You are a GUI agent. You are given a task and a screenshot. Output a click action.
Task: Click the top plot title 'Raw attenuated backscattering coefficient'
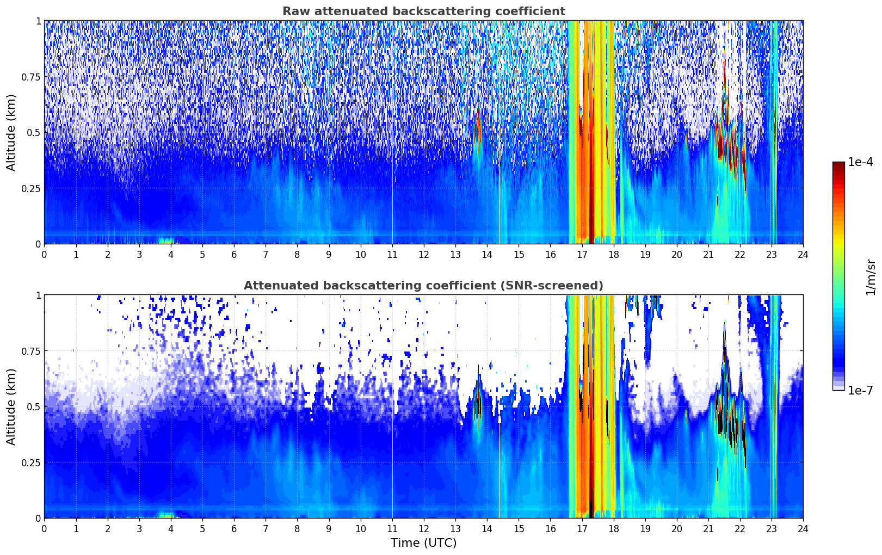click(424, 11)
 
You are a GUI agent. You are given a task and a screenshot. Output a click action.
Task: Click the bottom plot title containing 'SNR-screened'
click(424, 285)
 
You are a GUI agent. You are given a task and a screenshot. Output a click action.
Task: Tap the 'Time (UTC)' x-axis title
click(424, 543)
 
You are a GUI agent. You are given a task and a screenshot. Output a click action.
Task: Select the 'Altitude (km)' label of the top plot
click(11, 133)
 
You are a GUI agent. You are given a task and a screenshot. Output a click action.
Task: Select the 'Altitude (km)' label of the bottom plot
click(11, 406)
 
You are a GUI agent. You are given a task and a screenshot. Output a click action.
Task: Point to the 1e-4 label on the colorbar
click(860, 162)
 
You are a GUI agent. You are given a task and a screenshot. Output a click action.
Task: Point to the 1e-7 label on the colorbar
click(860, 390)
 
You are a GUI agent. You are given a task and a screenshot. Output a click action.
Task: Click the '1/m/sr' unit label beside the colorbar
click(871, 277)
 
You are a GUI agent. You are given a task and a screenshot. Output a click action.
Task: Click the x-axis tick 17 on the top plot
click(582, 254)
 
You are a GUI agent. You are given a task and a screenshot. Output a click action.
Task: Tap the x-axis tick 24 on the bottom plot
click(803, 528)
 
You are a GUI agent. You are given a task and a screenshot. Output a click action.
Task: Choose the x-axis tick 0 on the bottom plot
click(44, 528)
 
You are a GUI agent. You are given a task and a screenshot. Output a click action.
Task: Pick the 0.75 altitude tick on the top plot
click(30, 77)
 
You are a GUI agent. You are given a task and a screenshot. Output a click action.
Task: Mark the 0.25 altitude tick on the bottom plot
click(30, 462)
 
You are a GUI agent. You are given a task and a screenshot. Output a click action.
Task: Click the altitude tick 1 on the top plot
click(39, 21)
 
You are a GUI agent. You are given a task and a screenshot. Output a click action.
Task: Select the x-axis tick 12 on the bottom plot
click(424, 528)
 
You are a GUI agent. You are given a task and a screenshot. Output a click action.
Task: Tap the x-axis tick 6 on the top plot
click(234, 254)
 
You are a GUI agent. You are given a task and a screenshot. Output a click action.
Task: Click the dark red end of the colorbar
click(838, 164)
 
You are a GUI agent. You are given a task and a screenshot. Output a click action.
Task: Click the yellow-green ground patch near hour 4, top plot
click(166, 240)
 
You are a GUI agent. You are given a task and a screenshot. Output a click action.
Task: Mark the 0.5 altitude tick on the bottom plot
click(33, 406)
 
